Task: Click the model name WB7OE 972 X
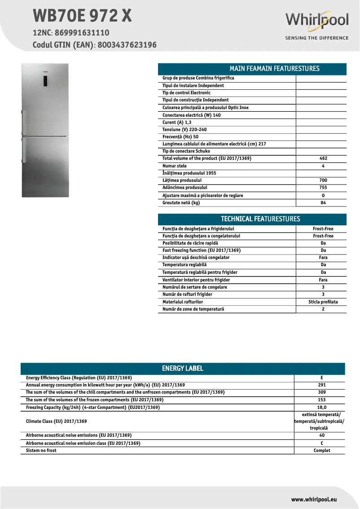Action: [82, 16]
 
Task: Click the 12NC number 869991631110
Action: [82, 33]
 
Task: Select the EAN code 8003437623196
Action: [127, 45]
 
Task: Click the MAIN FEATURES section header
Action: [252, 69]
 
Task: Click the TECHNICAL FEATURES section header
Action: [252, 219]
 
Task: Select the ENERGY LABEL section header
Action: [182, 369]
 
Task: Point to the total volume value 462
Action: [323, 158]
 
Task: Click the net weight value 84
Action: [323, 203]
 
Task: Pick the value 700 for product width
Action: [323, 180]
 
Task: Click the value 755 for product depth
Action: [323, 188]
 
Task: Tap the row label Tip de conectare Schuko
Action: [186, 151]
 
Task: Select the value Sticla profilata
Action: [323, 302]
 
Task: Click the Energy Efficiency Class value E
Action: [321, 378]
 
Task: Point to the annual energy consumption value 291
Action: [321, 385]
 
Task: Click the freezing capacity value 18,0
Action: [321, 408]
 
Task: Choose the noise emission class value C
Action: [321, 443]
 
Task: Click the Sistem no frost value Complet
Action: [321, 451]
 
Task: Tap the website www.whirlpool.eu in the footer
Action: [314, 499]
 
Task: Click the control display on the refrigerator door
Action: [46, 81]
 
